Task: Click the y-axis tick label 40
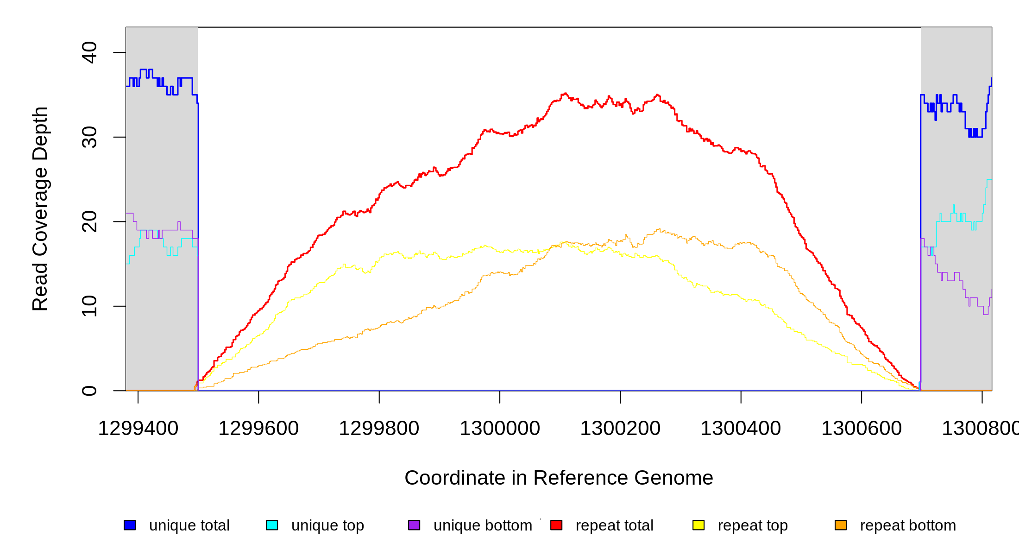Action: coord(89,52)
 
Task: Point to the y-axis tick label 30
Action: coord(89,137)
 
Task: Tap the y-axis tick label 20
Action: coord(89,221)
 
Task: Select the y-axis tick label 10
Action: coord(89,306)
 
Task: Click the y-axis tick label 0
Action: coord(89,391)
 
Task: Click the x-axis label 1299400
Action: coord(138,428)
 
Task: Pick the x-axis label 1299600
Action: coord(258,428)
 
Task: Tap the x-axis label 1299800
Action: coord(379,428)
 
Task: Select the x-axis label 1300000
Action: coord(500,428)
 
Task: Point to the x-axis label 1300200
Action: coord(620,428)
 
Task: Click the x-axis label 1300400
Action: coord(741,428)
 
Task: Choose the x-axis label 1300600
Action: coord(862,428)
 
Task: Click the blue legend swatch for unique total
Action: coord(130,525)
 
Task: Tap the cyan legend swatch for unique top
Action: coord(272,525)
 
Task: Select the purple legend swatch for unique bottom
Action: coord(414,525)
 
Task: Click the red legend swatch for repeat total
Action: coord(556,525)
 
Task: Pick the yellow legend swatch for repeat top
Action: coord(698,525)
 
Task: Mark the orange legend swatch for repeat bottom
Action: coord(841,525)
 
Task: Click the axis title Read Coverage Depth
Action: coord(40,209)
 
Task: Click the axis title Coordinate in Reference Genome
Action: coord(559,478)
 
